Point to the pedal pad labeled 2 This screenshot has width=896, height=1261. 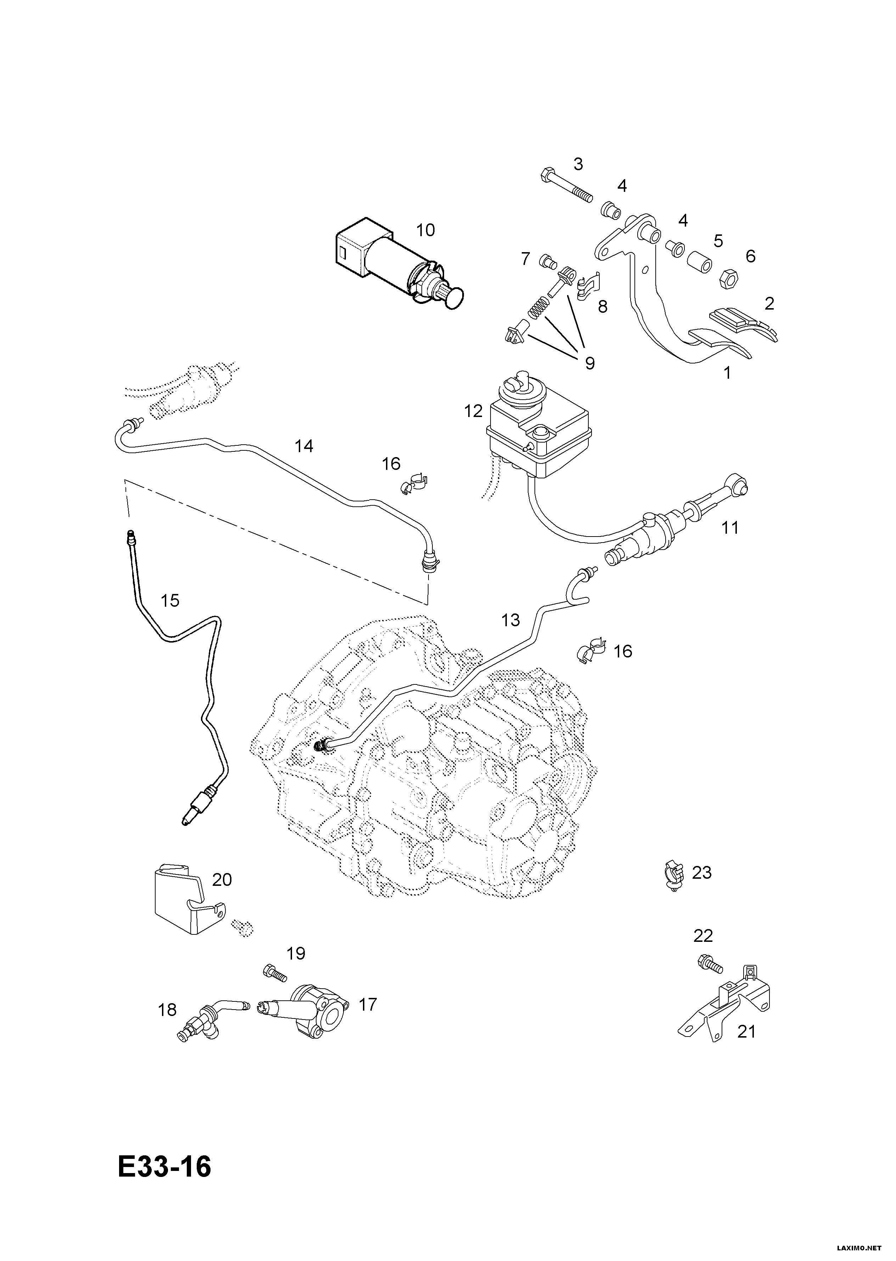[742, 324]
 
